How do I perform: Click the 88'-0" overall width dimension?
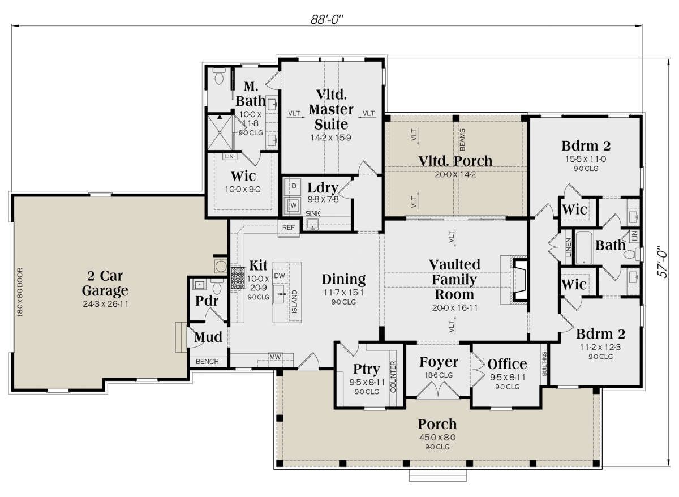pyautogui.click(x=327, y=20)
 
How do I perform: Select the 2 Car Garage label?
pyautogui.click(x=105, y=283)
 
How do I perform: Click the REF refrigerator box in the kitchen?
pyautogui.click(x=288, y=228)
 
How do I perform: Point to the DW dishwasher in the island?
pyautogui.click(x=279, y=276)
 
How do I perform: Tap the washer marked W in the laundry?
pyautogui.click(x=293, y=205)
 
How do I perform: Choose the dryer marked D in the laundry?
pyautogui.click(x=293, y=186)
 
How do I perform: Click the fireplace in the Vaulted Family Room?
pyautogui.click(x=518, y=280)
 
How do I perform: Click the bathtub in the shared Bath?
pyautogui.click(x=584, y=248)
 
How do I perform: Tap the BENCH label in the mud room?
pyautogui.click(x=207, y=362)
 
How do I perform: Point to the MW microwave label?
pyautogui.click(x=275, y=357)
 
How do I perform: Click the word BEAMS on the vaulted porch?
pyautogui.click(x=462, y=139)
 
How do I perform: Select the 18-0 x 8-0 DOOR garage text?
pyautogui.click(x=20, y=292)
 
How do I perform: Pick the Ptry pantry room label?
pyautogui.click(x=367, y=369)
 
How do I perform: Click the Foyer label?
pyautogui.click(x=439, y=362)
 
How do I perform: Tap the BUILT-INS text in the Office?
pyautogui.click(x=544, y=364)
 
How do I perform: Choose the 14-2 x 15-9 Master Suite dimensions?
pyautogui.click(x=330, y=138)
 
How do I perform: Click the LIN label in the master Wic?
pyautogui.click(x=230, y=156)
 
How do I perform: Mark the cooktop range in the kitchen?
pyautogui.click(x=238, y=278)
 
